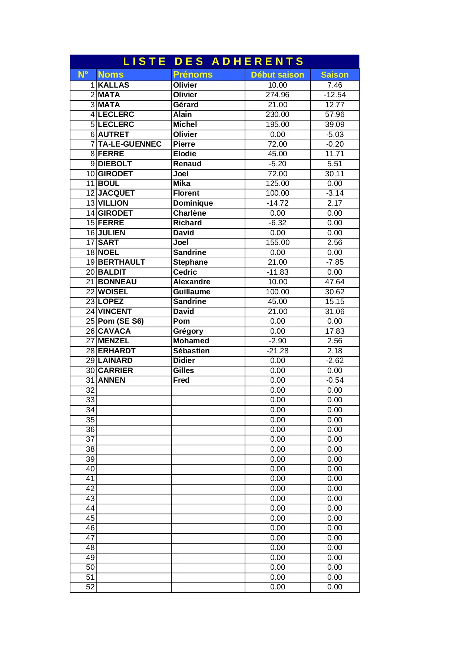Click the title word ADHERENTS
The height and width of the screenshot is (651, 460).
pos(258,61)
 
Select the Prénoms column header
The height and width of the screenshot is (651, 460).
pos(193,75)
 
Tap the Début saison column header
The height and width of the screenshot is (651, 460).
pos(277,75)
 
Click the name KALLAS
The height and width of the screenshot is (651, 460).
pos(113,85)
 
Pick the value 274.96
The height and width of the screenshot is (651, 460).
pos(277,95)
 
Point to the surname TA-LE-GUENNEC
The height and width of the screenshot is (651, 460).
pos(130,144)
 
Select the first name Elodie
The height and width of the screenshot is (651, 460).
pos(185,154)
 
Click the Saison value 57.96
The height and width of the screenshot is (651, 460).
pos(335,115)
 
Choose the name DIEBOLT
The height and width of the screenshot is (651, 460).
pos(115,164)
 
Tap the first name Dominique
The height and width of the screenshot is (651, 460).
pos(193,203)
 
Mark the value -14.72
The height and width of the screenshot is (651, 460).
pos(277,203)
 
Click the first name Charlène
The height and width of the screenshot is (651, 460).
pos(189,213)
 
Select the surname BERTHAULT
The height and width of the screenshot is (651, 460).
pos(122,262)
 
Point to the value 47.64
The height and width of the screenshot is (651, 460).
pos(335,282)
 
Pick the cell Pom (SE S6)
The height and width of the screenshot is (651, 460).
pos(121,321)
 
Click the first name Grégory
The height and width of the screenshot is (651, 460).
pos(188,331)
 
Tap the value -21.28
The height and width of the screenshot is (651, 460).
pos(277,351)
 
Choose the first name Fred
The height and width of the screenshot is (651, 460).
pos(181,380)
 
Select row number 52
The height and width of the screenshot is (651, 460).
pos(90,587)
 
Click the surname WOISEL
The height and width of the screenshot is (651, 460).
pos(113,292)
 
